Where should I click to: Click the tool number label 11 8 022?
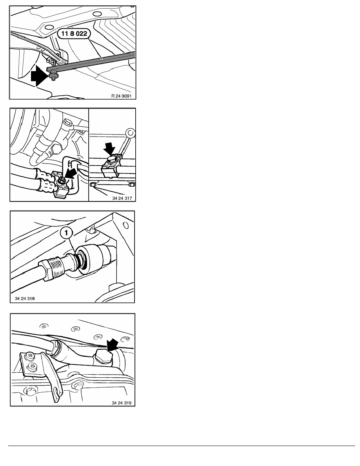(74, 34)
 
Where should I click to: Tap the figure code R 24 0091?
(121, 96)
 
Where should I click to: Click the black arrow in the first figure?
(39, 76)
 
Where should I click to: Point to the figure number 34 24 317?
(122, 198)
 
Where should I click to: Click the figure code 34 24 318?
(25, 298)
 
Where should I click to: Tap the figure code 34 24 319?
(122, 403)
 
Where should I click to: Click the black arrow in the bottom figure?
(112, 346)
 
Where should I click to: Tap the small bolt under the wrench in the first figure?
(53, 76)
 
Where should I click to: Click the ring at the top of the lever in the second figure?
(130, 132)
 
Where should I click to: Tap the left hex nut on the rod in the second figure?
(93, 185)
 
